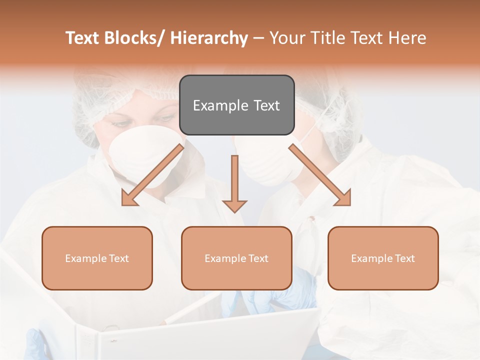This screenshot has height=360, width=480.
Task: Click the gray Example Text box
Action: coord(236,105)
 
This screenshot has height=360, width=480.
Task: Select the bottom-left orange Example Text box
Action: coord(97,258)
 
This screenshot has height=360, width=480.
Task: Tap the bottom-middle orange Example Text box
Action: coord(236,258)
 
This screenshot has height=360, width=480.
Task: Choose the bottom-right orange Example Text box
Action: coord(383,258)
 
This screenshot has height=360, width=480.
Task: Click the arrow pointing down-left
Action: coord(152,175)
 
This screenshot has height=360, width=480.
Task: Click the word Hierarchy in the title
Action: coord(209,38)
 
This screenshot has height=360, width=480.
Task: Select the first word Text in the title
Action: coord(83,38)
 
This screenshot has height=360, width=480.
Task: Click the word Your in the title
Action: coord(287,38)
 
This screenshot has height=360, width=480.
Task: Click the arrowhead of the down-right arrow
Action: coord(342,197)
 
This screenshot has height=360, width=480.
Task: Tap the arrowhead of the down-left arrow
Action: coord(129,198)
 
